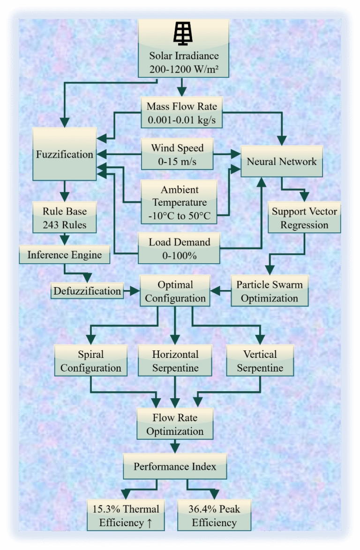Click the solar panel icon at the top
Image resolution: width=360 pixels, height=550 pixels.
tap(183, 33)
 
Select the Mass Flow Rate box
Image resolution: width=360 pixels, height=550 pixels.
tap(181, 113)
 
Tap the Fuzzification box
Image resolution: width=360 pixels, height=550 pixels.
tap(65, 154)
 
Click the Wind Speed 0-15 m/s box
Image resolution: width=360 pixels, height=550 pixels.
tap(177, 154)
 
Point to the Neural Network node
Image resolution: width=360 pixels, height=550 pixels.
tap(282, 162)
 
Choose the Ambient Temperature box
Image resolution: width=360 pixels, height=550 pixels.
tap(180, 202)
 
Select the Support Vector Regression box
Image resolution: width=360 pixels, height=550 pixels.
tap(304, 218)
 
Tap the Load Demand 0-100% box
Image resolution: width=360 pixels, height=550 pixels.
tap(179, 249)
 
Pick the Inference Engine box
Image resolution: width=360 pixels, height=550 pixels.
tap(65, 255)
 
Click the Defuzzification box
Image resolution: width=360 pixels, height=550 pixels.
tap(87, 291)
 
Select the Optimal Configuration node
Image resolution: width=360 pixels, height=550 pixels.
tap(175, 291)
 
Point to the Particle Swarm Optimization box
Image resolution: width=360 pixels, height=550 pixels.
tap(270, 291)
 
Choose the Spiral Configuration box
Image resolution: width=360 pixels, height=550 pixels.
tap(91, 361)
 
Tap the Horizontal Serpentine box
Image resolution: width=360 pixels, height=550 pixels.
tap(175, 361)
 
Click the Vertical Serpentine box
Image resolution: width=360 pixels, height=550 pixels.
tap(260, 361)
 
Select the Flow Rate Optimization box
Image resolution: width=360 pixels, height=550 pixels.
tap(175, 424)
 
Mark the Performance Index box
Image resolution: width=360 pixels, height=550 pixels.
tap(175, 466)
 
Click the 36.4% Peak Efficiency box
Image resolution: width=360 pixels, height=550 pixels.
tap(214, 515)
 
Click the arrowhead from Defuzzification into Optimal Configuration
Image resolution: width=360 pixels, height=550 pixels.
tap(135, 291)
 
